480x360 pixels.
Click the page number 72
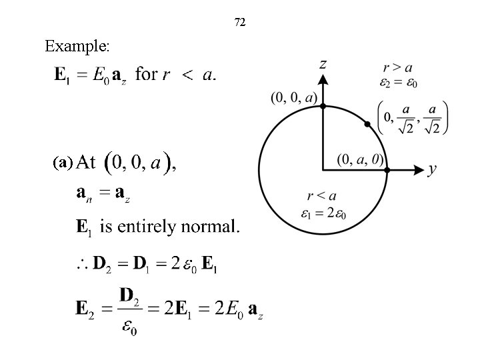pos(240,23)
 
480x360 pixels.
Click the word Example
pos(77,47)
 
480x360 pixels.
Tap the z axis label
pos(323,64)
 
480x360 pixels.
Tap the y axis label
pos(432,169)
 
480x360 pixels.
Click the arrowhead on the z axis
pos(323,81)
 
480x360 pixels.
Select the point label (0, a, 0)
pos(359,159)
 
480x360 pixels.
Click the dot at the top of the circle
pos(323,105)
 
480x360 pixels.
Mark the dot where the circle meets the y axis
pos(387,169)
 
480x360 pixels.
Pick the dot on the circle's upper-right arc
pos(367,124)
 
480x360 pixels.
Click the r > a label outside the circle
pos(397,67)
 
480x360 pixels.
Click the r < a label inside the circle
pos(321,196)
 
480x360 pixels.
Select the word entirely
pos(141,228)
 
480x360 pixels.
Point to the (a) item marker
pos(63,162)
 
